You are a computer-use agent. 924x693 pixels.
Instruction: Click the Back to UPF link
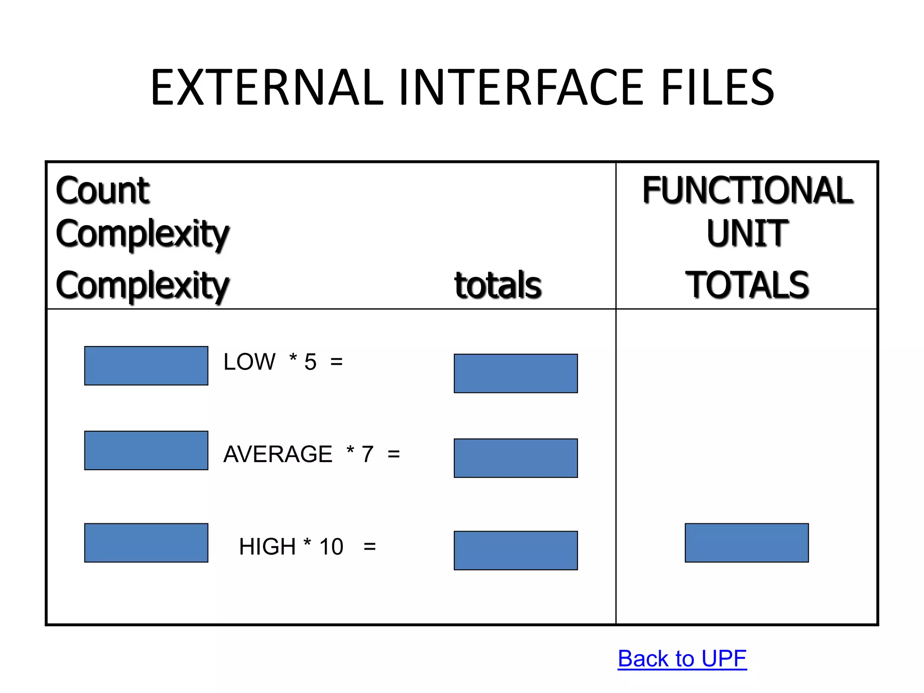[682, 659]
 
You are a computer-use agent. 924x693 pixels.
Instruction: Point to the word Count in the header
[102, 190]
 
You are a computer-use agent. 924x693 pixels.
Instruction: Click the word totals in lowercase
[498, 285]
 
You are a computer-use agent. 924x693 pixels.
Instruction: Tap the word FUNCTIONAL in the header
[748, 190]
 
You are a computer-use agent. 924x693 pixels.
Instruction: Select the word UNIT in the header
[747, 233]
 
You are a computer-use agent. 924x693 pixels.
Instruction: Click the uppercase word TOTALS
[747, 285]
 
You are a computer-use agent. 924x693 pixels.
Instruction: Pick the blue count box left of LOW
[146, 366]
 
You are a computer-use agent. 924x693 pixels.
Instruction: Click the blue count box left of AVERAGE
[146, 450]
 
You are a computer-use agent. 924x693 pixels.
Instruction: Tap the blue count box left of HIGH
[146, 543]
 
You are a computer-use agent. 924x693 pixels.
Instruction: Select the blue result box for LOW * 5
[516, 374]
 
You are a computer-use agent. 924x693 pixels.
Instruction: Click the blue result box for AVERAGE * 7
[516, 458]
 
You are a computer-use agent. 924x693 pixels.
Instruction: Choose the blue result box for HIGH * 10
[516, 550]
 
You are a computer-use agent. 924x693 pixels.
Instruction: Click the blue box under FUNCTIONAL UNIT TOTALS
[747, 543]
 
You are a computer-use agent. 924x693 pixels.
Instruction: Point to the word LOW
[249, 362]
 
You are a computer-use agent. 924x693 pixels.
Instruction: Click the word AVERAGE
[277, 454]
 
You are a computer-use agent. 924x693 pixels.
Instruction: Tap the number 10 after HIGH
[331, 547]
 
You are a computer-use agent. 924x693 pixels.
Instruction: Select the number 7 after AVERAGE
[367, 454]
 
